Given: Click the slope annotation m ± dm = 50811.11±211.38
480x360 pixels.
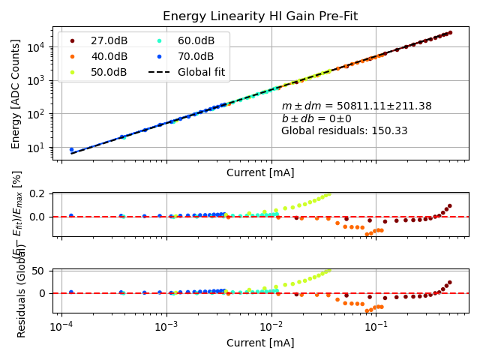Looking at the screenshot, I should pyautogui.click(x=356, y=106).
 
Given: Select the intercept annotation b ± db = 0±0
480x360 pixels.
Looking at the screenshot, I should pyautogui.click(x=316, y=118).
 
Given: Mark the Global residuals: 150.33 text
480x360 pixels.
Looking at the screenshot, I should pyautogui.click(x=344, y=130).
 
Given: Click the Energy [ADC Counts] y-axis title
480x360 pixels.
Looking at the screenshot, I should pyautogui.click(x=16, y=94).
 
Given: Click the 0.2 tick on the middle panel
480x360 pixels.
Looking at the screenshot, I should pyautogui.click(x=41, y=194).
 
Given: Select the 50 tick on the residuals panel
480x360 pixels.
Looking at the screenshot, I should pyautogui.click(x=41, y=271).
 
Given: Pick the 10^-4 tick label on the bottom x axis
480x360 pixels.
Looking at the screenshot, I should pyautogui.click(x=61, y=328).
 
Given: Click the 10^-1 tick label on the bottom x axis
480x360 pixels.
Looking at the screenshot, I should pyautogui.click(x=376, y=328).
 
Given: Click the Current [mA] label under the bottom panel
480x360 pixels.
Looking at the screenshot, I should pyautogui.click(x=260, y=343).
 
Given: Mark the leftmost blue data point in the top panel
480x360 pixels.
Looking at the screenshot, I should pyautogui.click(x=71, y=150).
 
